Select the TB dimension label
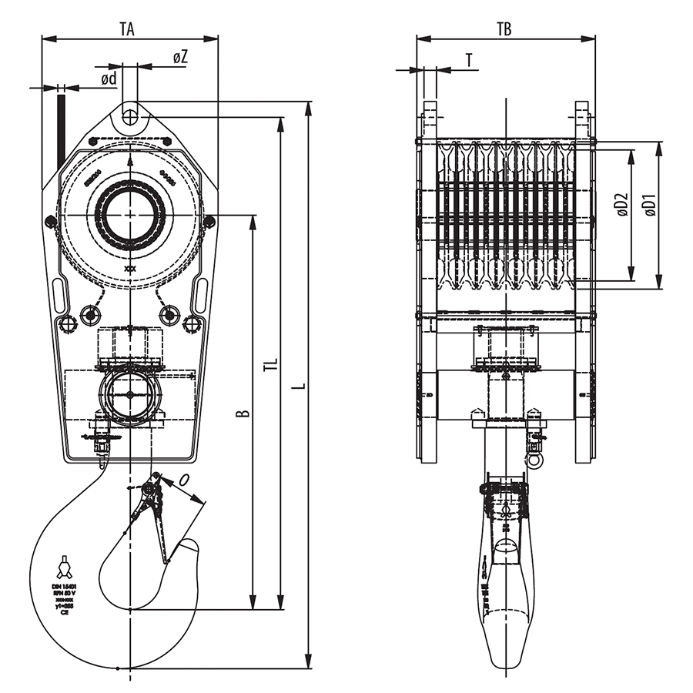(504, 29)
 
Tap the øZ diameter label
(180, 58)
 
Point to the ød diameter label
(109, 79)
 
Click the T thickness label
(469, 60)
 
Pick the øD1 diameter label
(651, 204)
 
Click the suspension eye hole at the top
(129, 117)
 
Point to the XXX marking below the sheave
(129, 269)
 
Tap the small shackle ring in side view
(534, 460)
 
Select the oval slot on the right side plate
(201, 296)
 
